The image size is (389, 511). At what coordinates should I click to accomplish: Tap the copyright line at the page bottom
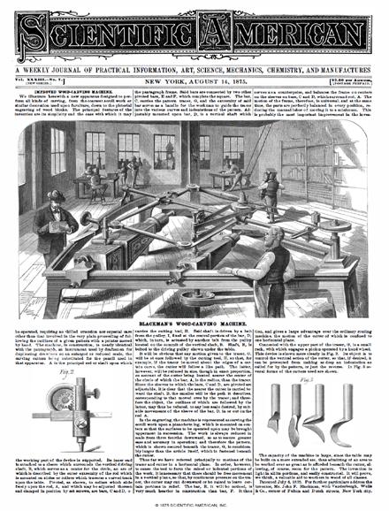pos(194,505)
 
